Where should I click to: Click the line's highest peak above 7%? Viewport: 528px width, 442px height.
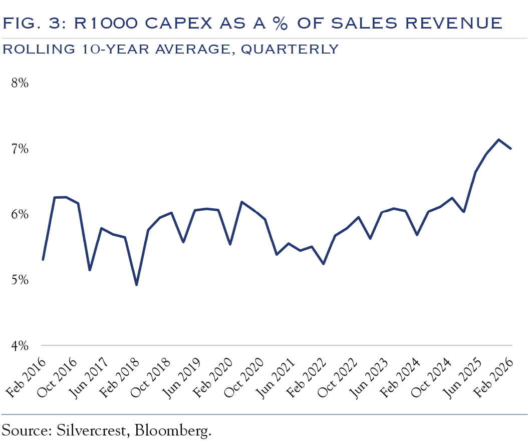(x=498, y=140)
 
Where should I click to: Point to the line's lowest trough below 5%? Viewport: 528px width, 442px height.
(x=136, y=285)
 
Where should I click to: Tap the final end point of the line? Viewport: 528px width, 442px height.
(x=510, y=148)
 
